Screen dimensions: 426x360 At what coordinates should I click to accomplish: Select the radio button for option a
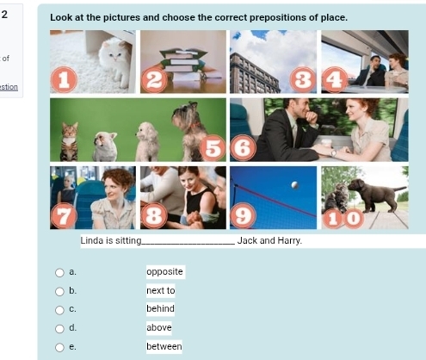(x=59, y=272)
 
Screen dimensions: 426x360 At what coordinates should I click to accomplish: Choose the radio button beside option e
(x=59, y=347)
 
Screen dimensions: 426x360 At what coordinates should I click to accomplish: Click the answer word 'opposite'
(x=164, y=271)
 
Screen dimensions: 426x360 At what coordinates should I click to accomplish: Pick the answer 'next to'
(x=161, y=290)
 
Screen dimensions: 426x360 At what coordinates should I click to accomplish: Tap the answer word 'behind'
(x=160, y=308)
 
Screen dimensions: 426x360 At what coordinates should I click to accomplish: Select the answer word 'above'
(x=159, y=327)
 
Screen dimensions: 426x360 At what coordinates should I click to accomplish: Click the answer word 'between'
(x=164, y=346)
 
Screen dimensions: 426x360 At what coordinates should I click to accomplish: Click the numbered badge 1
(x=64, y=79)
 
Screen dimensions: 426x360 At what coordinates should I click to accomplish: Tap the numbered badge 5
(x=213, y=148)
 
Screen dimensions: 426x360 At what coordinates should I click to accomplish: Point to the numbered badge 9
(x=243, y=215)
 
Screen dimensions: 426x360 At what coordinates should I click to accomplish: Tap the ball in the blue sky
(x=294, y=185)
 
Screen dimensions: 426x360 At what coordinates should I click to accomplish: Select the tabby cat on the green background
(x=70, y=141)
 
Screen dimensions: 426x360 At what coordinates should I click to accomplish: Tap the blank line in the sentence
(x=188, y=244)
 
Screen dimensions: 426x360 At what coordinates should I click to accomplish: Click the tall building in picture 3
(x=253, y=74)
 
